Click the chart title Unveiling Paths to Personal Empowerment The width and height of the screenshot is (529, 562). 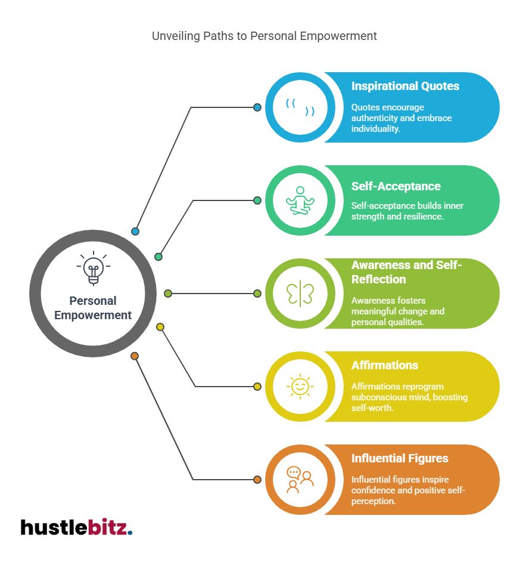coord(264,36)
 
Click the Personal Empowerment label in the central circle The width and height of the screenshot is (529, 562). coord(93,308)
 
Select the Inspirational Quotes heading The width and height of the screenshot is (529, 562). coord(405,86)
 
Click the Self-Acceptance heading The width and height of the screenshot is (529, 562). coord(396,186)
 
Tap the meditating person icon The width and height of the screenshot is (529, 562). coord(300,200)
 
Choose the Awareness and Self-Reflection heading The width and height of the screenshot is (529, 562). coord(406,272)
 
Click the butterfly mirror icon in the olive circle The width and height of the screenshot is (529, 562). coord(300,294)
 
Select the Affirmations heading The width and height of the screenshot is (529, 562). coord(384,365)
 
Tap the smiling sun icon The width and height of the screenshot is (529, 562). coord(300,387)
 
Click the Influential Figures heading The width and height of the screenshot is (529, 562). coord(400,458)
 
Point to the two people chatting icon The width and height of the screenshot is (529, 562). coord(300,480)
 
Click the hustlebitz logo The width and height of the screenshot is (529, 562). coord(76,527)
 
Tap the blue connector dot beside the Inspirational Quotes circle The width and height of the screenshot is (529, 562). coord(257,107)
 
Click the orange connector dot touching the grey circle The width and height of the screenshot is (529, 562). coord(135,356)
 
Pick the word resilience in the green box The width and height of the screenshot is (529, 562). coord(422,216)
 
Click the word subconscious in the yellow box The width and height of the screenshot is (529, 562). coord(379,397)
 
